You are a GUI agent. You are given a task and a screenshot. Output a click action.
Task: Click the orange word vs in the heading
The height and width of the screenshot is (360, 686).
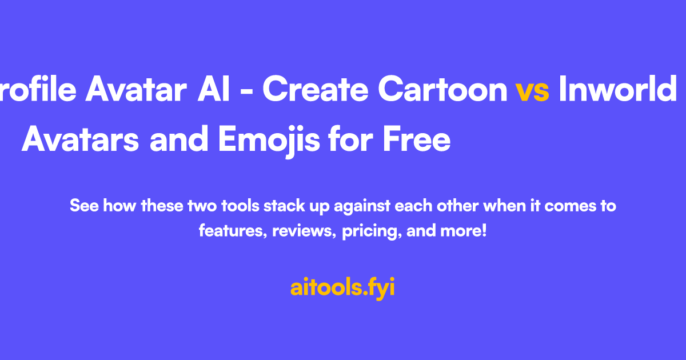(532, 90)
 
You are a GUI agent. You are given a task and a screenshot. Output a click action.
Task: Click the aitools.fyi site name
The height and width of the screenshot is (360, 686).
(342, 287)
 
